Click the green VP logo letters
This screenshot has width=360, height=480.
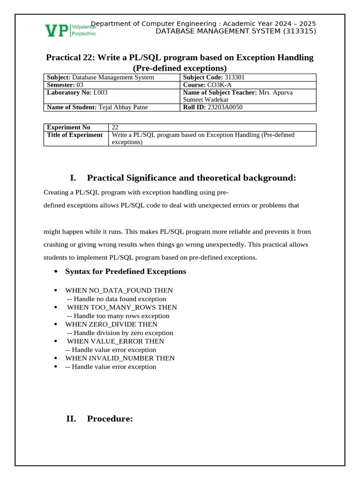coord(57,30)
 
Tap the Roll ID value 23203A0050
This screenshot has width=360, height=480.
coord(225,107)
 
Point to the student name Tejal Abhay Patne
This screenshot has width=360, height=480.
coord(123,107)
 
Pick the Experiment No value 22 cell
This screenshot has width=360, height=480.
coord(115,127)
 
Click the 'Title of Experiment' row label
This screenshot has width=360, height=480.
coord(75,135)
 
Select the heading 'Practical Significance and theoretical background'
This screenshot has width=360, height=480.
coord(191,178)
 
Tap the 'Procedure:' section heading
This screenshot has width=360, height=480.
coord(110,419)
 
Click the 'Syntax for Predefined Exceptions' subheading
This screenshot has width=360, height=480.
coord(125,271)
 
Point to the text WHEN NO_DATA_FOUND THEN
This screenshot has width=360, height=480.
coord(119,291)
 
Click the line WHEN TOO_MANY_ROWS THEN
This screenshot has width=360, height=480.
coord(122,307)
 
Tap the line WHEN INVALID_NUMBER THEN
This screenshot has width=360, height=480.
coord(120,358)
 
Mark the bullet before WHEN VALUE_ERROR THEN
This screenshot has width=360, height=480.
coord(56,341)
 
